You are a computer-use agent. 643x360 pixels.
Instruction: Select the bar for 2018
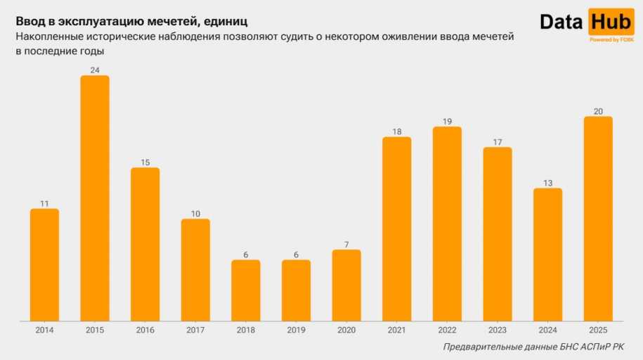(246, 290)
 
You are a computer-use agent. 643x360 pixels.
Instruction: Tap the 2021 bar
(397, 229)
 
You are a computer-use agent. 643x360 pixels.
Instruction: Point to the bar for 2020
(346, 285)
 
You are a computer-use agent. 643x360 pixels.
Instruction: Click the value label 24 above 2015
(95, 70)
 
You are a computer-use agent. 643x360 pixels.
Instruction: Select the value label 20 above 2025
(598, 111)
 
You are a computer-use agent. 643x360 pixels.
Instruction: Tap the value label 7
(346, 244)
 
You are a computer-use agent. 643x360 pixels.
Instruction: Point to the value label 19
(447, 121)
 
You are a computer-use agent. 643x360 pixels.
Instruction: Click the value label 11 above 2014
(44, 203)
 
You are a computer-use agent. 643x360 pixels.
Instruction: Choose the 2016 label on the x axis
(145, 330)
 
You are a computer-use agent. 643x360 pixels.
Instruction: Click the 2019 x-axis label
(296, 330)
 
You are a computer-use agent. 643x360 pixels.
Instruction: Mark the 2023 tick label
(498, 330)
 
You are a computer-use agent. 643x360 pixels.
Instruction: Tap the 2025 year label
(598, 330)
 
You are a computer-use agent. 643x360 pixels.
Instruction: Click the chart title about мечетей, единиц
(131, 22)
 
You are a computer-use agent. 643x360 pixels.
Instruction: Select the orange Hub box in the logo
(610, 22)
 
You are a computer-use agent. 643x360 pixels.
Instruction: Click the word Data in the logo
(562, 22)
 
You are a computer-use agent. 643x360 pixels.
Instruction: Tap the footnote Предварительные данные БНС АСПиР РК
(533, 347)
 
